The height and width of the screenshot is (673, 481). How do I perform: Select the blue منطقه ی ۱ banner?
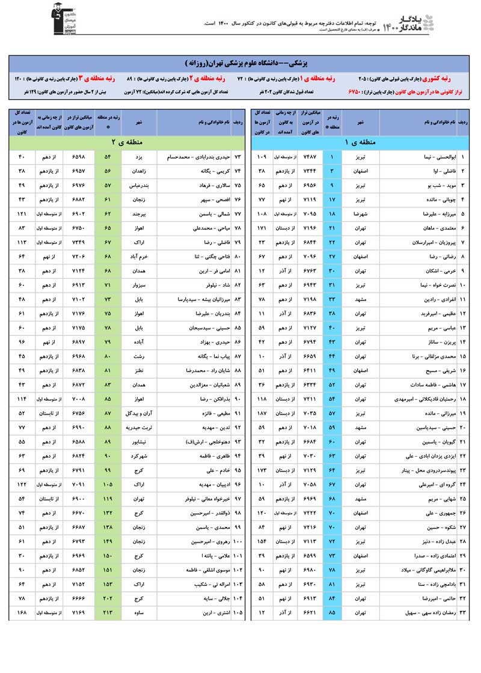359,142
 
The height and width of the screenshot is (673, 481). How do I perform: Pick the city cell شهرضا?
360,213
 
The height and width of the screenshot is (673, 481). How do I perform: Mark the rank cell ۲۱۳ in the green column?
108,612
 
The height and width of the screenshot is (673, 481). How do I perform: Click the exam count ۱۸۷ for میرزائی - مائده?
262,413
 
